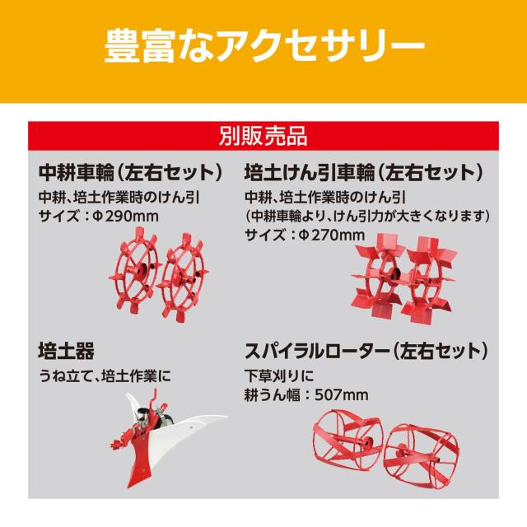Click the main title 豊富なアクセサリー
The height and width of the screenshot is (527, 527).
click(x=264, y=46)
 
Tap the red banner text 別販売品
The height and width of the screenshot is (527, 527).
click(x=263, y=136)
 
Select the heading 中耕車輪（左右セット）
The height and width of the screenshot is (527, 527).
click(x=131, y=173)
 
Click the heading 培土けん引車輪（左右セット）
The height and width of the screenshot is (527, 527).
click(x=364, y=173)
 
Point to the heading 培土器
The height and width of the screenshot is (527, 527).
click(x=66, y=351)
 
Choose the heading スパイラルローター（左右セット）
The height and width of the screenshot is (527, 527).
click(x=366, y=351)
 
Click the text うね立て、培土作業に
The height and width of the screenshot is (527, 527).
click(x=105, y=375)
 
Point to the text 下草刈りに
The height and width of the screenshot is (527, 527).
click(x=278, y=375)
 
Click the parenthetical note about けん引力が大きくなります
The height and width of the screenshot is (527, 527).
click(x=367, y=216)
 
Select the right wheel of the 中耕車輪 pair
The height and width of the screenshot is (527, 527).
click(x=183, y=277)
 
